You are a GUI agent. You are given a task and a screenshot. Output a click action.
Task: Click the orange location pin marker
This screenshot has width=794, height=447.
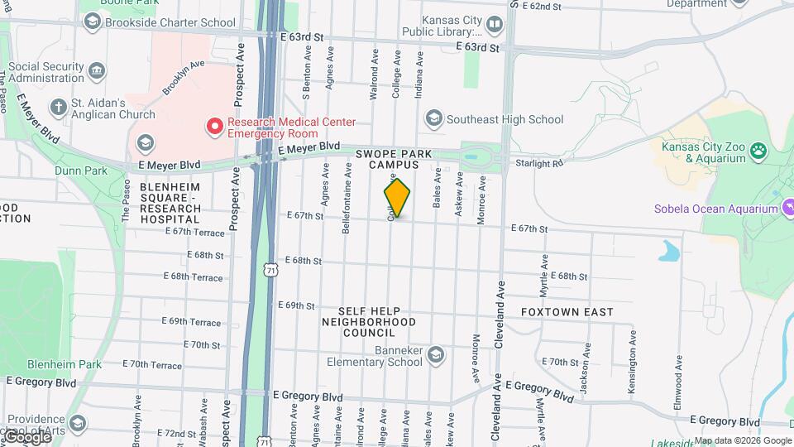[397, 197]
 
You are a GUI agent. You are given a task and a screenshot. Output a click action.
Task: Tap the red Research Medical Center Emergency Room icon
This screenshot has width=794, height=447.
[215, 127]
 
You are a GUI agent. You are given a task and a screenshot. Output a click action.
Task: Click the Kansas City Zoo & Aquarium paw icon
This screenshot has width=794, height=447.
[758, 151]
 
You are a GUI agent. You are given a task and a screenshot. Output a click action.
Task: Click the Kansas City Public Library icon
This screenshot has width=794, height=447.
[494, 26]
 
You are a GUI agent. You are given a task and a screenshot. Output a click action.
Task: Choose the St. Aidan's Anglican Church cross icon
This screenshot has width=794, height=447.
[58, 107]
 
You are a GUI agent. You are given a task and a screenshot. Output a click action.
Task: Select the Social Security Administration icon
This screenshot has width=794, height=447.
[97, 70]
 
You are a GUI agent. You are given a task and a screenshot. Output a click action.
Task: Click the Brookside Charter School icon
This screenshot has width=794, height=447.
[92, 22]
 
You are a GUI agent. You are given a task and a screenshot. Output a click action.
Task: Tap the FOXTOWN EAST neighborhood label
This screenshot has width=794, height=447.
[567, 312]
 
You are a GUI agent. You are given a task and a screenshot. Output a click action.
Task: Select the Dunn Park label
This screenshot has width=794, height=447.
[81, 171]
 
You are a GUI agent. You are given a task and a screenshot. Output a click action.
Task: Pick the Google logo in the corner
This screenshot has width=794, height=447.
[26, 436]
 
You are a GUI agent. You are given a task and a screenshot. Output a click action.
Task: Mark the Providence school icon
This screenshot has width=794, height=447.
[77, 424]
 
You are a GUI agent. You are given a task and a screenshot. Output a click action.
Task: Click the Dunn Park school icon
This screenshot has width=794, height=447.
[146, 142]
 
